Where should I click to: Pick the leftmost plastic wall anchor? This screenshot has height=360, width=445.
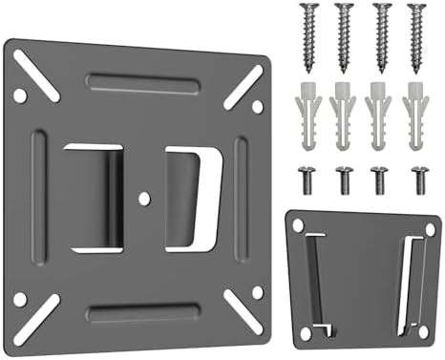click(x=307, y=120)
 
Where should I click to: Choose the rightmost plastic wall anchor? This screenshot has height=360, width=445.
click(x=416, y=120)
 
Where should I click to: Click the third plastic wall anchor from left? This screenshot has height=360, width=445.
click(x=380, y=120)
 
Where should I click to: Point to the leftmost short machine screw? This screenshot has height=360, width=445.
click(x=308, y=178)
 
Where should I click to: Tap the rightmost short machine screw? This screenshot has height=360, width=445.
click(x=417, y=178)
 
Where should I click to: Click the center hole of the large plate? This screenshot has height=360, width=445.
click(x=143, y=199)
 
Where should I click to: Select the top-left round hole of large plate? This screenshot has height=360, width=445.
click(x=18, y=95)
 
